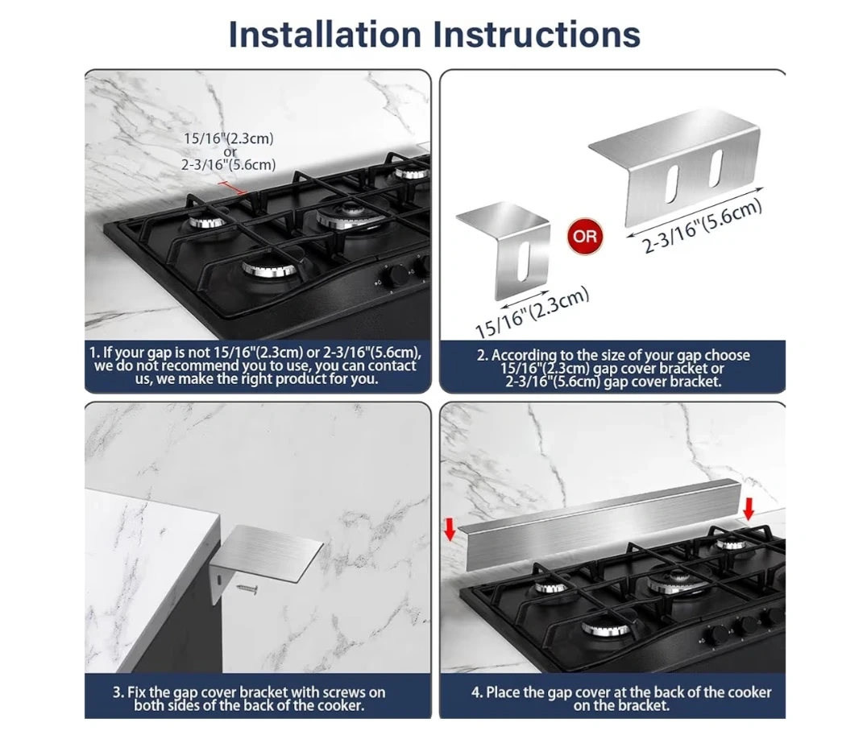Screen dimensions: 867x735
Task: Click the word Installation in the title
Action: (x=325, y=35)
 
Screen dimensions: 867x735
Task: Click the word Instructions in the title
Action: (x=537, y=35)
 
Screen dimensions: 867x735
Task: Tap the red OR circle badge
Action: (x=585, y=237)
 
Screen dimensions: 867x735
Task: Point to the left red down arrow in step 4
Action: (x=450, y=529)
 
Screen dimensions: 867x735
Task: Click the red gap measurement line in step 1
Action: (x=232, y=188)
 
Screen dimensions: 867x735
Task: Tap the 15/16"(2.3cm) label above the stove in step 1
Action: (x=228, y=138)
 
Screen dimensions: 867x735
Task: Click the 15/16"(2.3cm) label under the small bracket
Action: (x=532, y=312)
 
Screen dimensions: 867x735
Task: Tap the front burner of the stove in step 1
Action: (x=270, y=269)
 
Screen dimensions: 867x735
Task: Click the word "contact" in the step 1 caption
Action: (x=392, y=365)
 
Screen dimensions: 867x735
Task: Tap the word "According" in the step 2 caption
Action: (x=525, y=356)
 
